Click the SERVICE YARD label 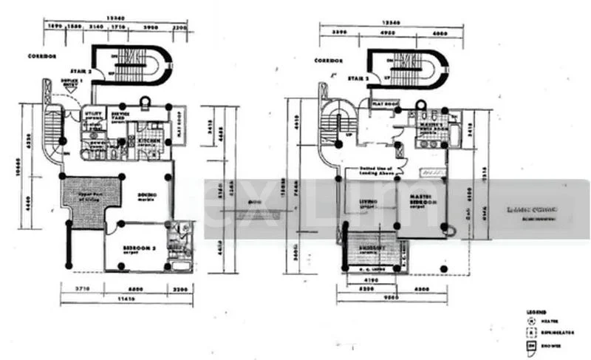pyautogui.click(x=124, y=113)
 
